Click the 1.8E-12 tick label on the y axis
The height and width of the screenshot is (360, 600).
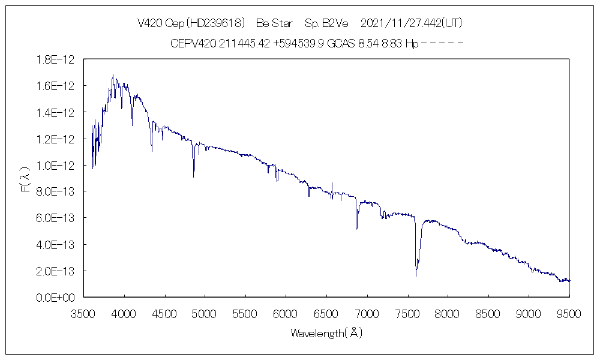tap(55, 59)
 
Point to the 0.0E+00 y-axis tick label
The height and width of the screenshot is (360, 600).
tap(55, 297)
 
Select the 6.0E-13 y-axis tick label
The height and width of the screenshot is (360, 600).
tap(55, 218)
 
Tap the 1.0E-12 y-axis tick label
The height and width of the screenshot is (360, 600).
tap(55, 165)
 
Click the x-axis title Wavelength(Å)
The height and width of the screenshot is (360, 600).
tap(326, 333)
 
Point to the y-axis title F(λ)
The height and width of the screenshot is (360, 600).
tap(25, 179)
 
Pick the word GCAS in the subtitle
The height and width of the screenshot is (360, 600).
tap(341, 43)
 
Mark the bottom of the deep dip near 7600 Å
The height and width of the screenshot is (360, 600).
tap(416, 275)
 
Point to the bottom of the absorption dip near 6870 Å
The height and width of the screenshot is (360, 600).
tap(356, 229)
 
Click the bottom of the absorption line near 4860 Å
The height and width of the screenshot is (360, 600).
tap(193, 176)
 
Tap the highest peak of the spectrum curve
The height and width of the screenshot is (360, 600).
tap(113, 75)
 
